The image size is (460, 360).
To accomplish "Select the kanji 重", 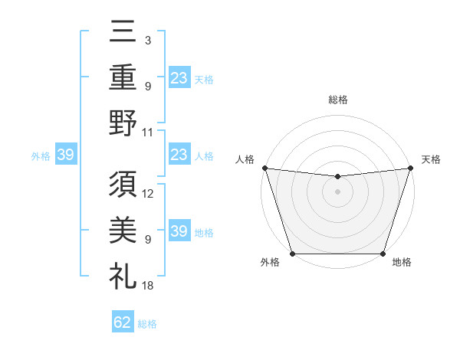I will point(123,77).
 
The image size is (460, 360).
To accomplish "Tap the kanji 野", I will point(123,123).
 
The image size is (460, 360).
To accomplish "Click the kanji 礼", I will point(123,274).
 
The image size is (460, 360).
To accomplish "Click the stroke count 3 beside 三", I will point(147,40).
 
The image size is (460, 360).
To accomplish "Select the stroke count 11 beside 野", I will point(148,132).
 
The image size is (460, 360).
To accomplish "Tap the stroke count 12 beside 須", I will point(148,193).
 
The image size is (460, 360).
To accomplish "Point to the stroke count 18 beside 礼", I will point(148,285).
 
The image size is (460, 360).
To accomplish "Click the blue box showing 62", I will point(123,322).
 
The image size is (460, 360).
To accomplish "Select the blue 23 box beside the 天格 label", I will point(179,77).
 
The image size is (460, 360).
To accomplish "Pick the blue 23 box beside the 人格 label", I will point(179,155).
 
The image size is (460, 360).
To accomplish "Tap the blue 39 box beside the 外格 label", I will point(65,155).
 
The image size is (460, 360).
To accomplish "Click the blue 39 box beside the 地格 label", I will point(179,231).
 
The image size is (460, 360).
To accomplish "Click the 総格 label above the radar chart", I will point(337,100).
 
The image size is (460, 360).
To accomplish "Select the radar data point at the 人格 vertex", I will point(264,168).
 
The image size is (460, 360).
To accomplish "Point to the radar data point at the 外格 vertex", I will point(292,254).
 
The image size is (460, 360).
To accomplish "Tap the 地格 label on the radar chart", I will point(402,262).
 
